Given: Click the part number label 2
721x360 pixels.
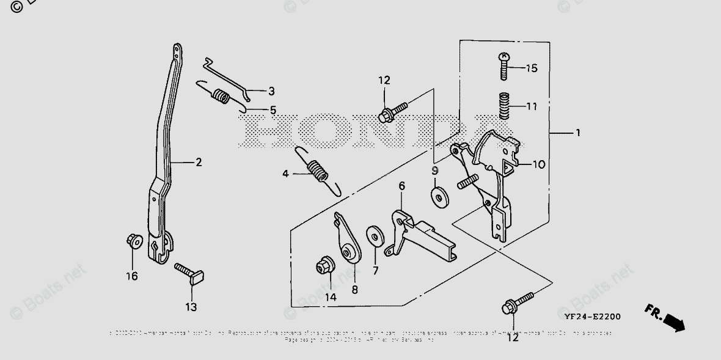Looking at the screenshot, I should [x=199, y=163].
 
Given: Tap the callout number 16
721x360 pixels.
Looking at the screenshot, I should [x=132, y=276].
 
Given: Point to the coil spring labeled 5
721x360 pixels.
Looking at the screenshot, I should [x=221, y=97].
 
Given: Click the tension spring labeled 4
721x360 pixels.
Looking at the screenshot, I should [x=316, y=171].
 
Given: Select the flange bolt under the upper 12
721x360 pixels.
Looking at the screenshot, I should [x=390, y=112].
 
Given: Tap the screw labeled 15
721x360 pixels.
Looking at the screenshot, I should [x=503, y=67].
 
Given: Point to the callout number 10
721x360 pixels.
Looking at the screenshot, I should [x=538, y=164].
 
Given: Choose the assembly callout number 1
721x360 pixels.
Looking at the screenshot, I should [x=578, y=133].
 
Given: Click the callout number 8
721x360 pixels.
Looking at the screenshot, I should [x=355, y=289].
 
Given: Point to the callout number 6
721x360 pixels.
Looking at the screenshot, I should [x=402, y=185].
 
